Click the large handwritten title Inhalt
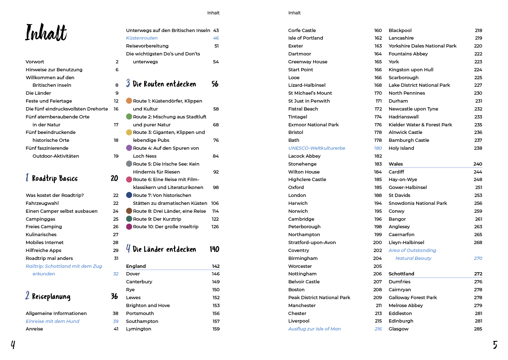(x=46, y=32)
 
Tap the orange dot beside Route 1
(x=129, y=101)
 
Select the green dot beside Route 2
(x=129, y=117)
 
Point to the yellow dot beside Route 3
(x=129, y=132)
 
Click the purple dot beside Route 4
(x=129, y=148)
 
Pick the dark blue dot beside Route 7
(x=129, y=195)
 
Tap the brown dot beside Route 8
(x=129, y=211)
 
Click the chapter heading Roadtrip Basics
(x=55, y=179)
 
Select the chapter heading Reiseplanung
(x=51, y=297)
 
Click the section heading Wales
(x=396, y=164)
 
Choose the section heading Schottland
(x=401, y=274)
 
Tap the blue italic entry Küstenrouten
(x=142, y=38)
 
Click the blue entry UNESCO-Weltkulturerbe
(x=317, y=148)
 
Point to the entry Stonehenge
(x=302, y=164)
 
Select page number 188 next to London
(x=378, y=195)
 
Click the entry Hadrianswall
(x=404, y=117)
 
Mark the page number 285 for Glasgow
(x=478, y=329)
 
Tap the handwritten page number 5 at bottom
(x=495, y=345)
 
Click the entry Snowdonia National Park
(x=418, y=203)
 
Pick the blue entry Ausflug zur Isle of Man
(x=314, y=329)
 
